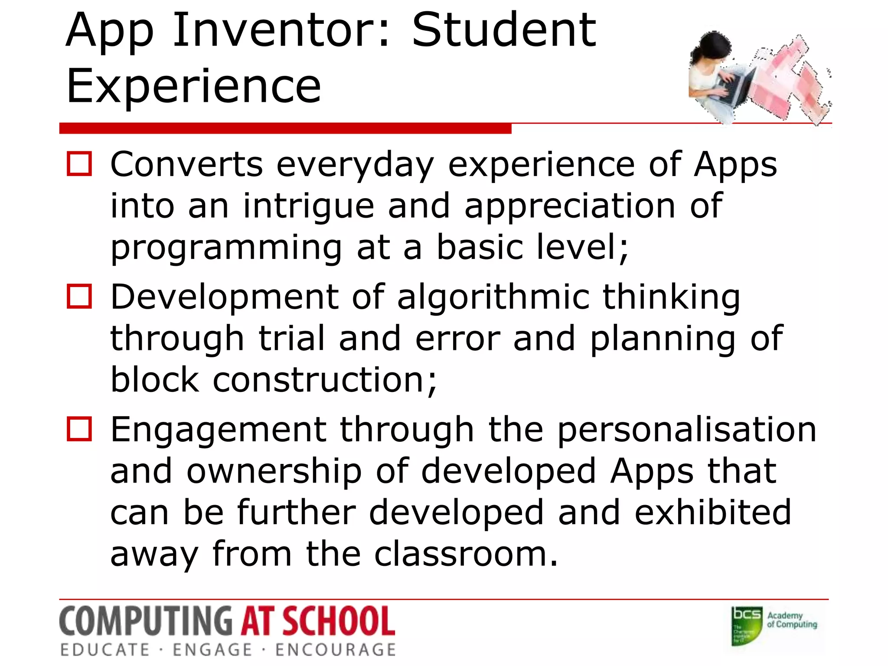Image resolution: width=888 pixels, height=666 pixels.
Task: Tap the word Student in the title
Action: tap(504, 31)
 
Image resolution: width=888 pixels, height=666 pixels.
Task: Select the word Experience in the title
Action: tap(193, 87)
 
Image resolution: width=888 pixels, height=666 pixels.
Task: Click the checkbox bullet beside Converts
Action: tap(79, 164)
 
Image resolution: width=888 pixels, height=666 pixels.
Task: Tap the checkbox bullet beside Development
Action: tap(79, 297)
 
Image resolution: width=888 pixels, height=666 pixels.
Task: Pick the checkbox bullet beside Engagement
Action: tap(79, 429)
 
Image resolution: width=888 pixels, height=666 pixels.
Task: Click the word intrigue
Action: tap(308, 206)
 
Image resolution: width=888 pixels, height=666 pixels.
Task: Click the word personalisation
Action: tap(687, 430)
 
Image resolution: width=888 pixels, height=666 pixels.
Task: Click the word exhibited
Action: tap(713, 513)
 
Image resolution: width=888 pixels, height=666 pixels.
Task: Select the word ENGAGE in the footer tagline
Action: tap(212, 650)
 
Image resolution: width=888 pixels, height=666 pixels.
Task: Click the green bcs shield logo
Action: tap(747, 626)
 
